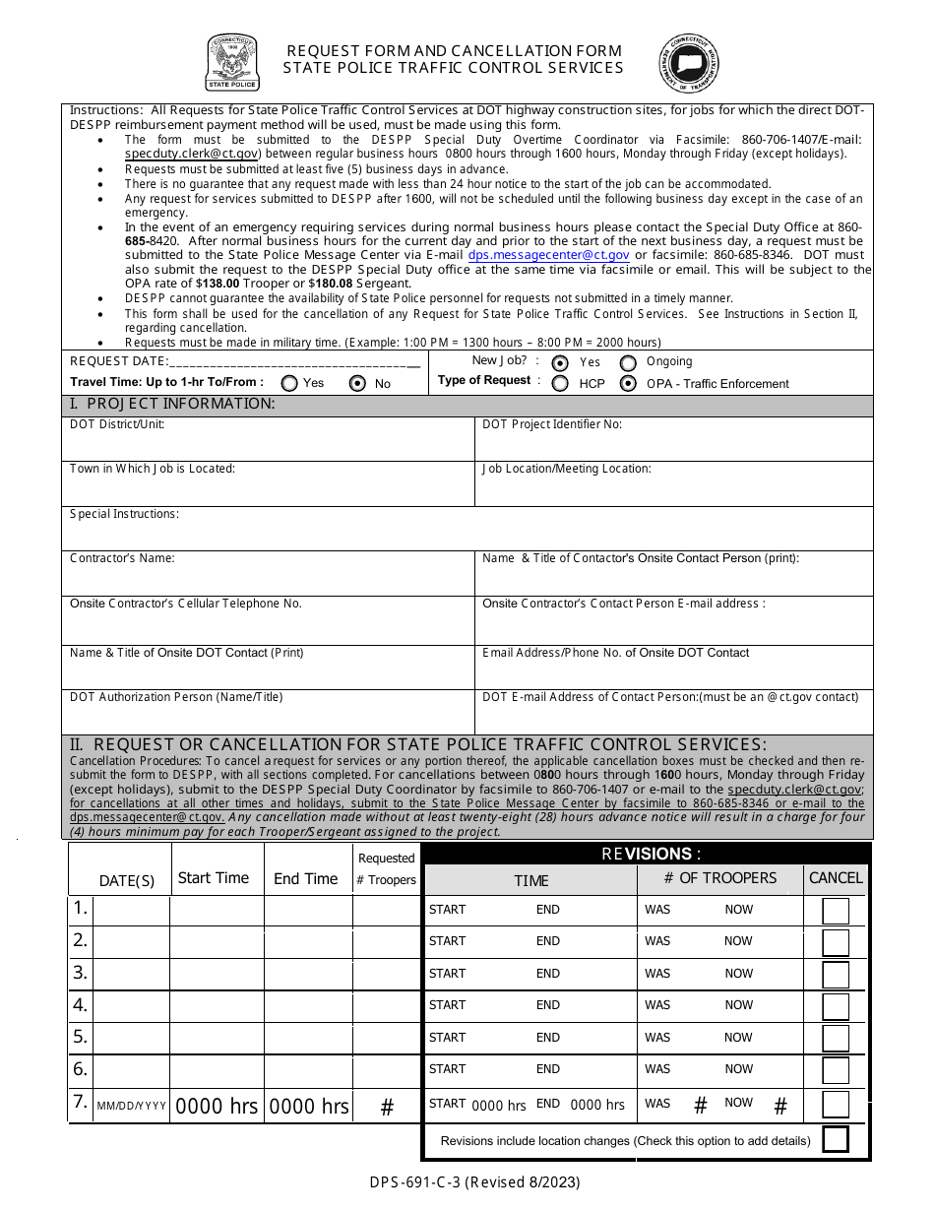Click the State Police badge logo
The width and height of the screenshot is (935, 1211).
(x=232, y=62)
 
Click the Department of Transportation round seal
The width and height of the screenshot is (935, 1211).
(x=689, y=63)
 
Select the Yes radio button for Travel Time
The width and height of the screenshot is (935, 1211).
(x=290, y=383)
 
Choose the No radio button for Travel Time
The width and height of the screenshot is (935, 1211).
(x=358, y=383)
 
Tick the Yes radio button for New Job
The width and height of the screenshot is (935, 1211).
(x=560, y=362)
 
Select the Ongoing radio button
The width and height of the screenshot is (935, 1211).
(x=628, y=362)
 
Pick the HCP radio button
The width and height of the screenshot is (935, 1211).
(x=560, y=384)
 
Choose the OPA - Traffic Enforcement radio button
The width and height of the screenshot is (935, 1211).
(x=628, y=384)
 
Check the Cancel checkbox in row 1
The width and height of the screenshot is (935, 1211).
(x=836, y=911)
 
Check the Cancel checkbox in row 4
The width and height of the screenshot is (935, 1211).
(x=836, y=1006)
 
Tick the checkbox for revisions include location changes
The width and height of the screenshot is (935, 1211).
(x=836, y=1140)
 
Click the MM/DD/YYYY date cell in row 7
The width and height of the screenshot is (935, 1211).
(x=132, y=1107)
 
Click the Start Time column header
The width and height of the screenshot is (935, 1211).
(x=214, y=878)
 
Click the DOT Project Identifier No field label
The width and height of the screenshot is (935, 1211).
(x=552, y=424)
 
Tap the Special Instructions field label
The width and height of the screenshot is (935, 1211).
(x=124, y=514)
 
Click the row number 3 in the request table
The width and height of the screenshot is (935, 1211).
(x=81, y=973)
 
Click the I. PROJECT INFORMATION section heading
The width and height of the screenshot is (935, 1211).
(x=172, y=405)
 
